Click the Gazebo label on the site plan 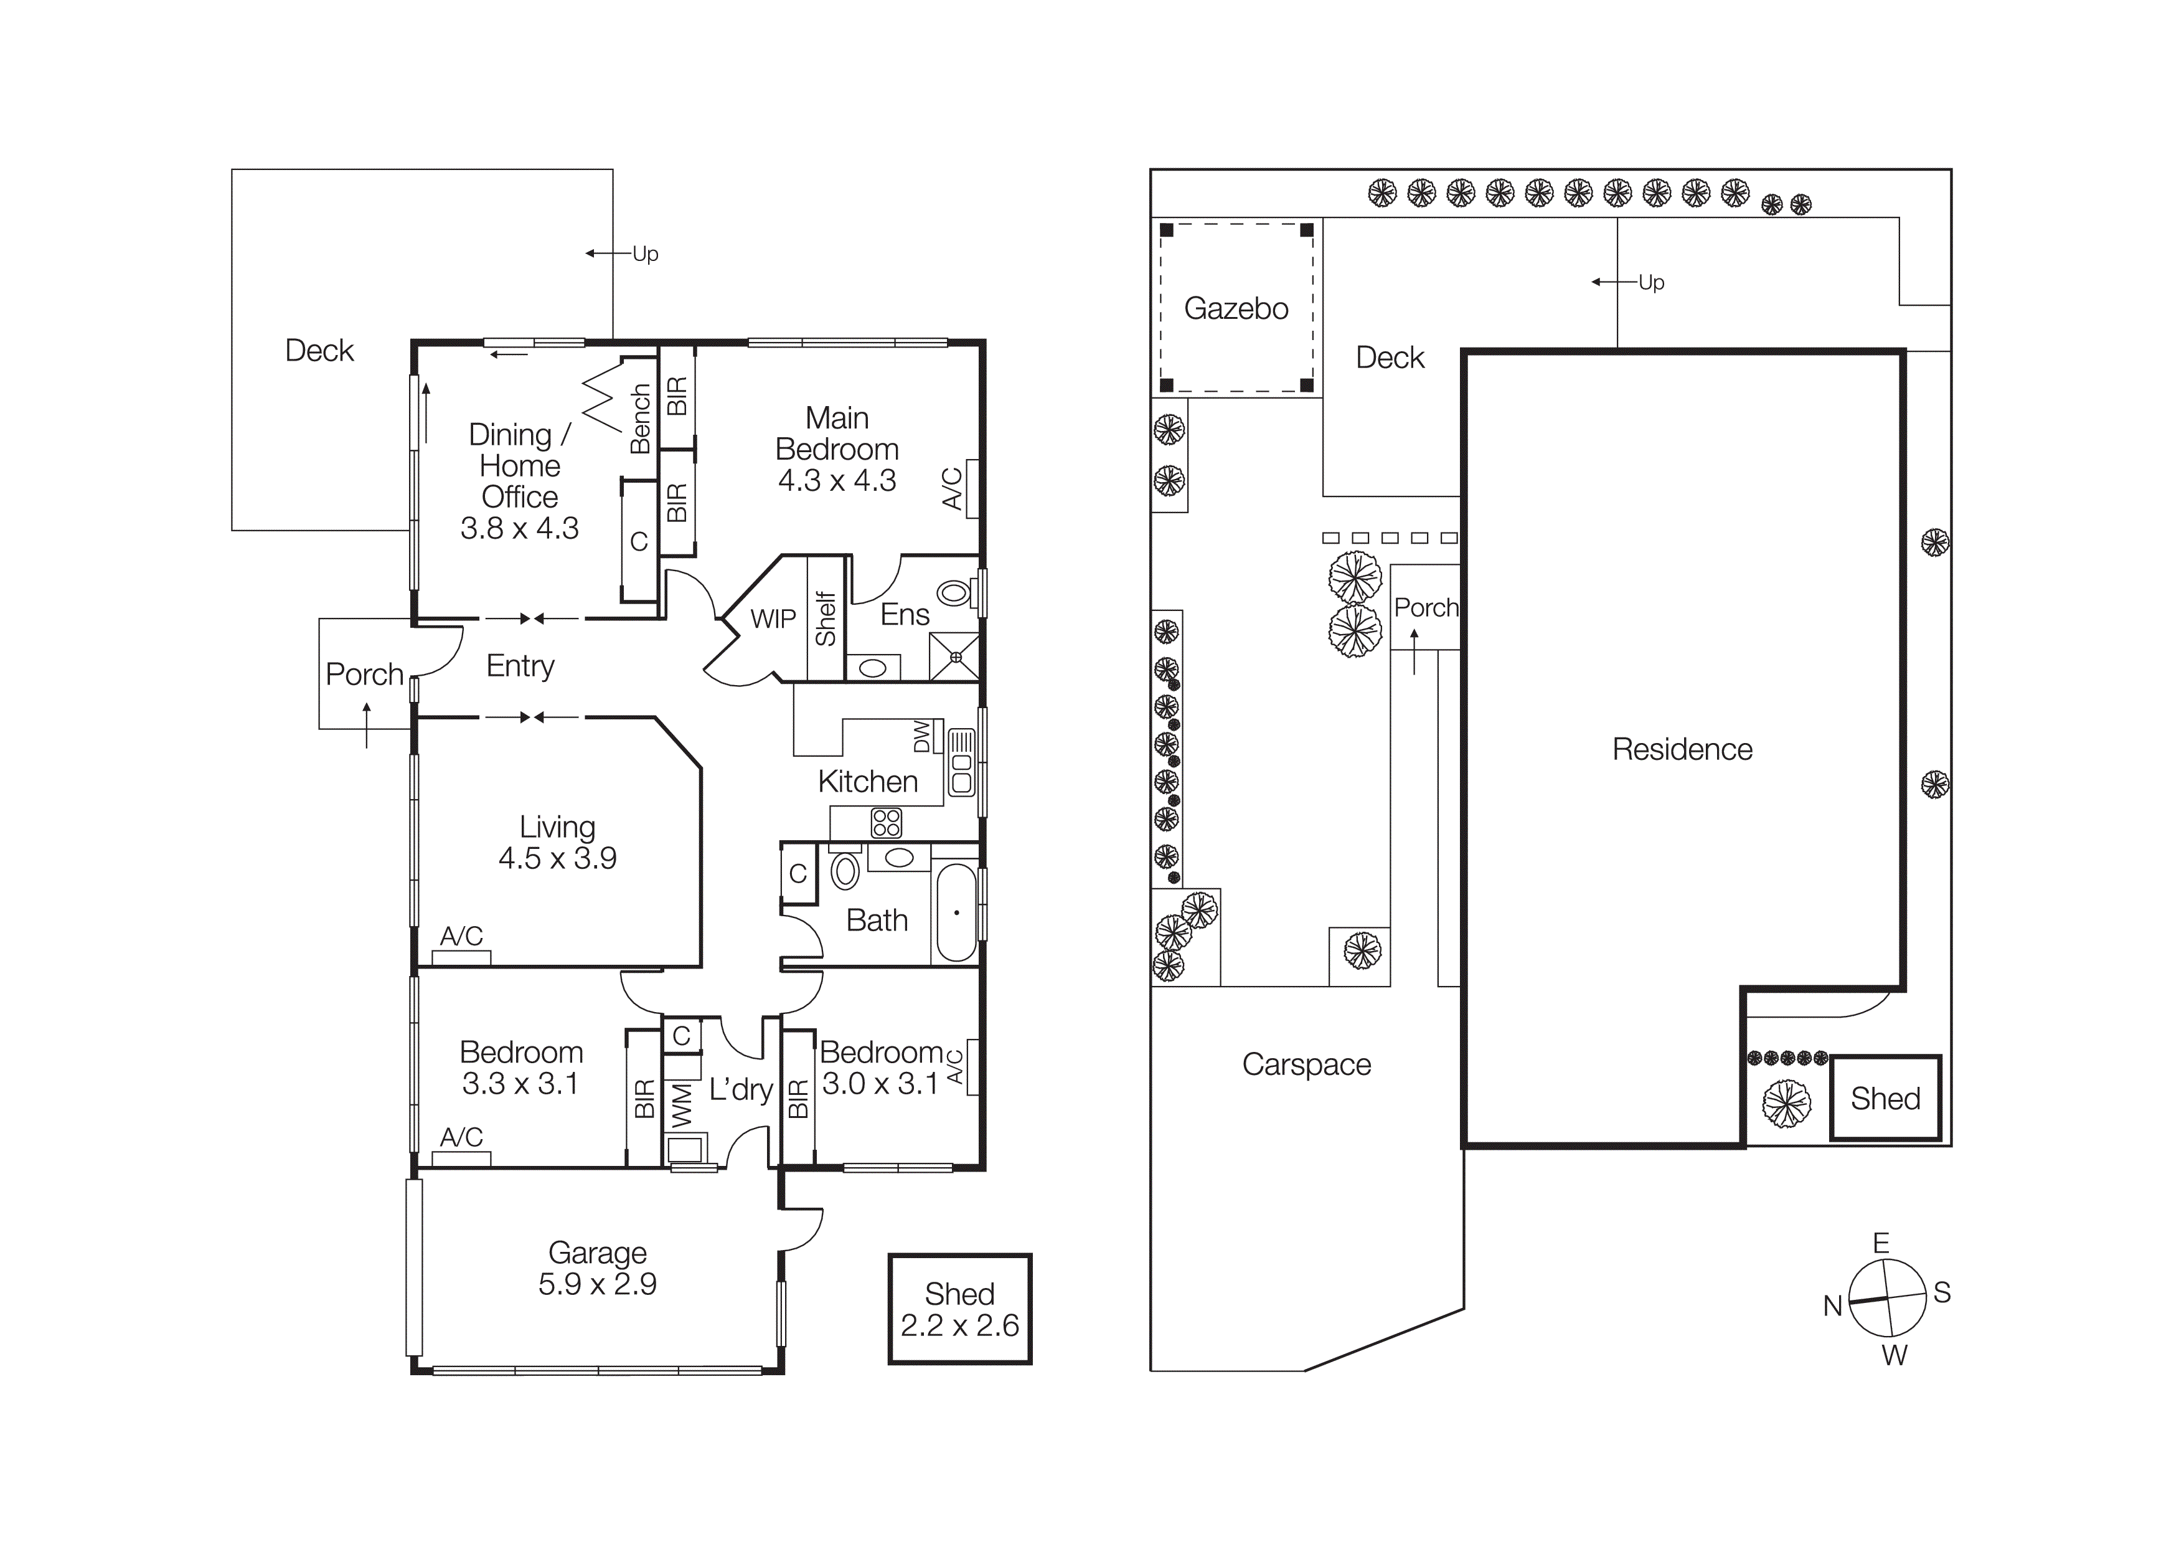click(1236, 308)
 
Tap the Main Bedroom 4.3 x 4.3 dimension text click(837, 480)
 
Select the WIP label click(773, 619)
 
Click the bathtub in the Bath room click(956, 913)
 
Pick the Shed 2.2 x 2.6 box click(960, 1309)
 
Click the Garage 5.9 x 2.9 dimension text click(598, 1284)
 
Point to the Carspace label click(1306, 1064)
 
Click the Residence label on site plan click(1682, 750)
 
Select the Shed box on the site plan click(1885, 1099)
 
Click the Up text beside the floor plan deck click(645, 254)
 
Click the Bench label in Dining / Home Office click(640, 419)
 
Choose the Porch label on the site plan click(1425, 608)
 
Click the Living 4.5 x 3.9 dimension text click(557, 858)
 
